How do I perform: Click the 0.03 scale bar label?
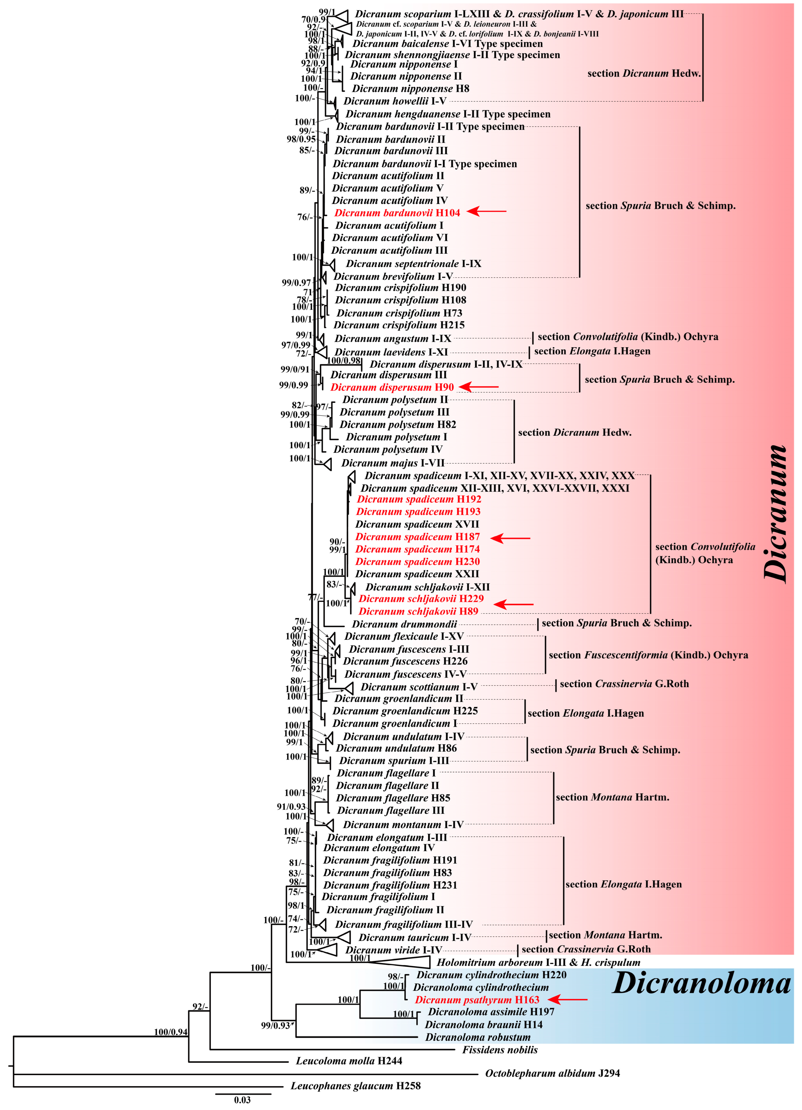click(x=242, y=1100)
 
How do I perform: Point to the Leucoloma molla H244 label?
click(x=349, y=1061)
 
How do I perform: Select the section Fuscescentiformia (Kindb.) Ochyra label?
click(x=648, y=655)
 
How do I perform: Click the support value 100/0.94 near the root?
click(x=170, y=1032)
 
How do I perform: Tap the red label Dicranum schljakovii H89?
click(x=418, y=611)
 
